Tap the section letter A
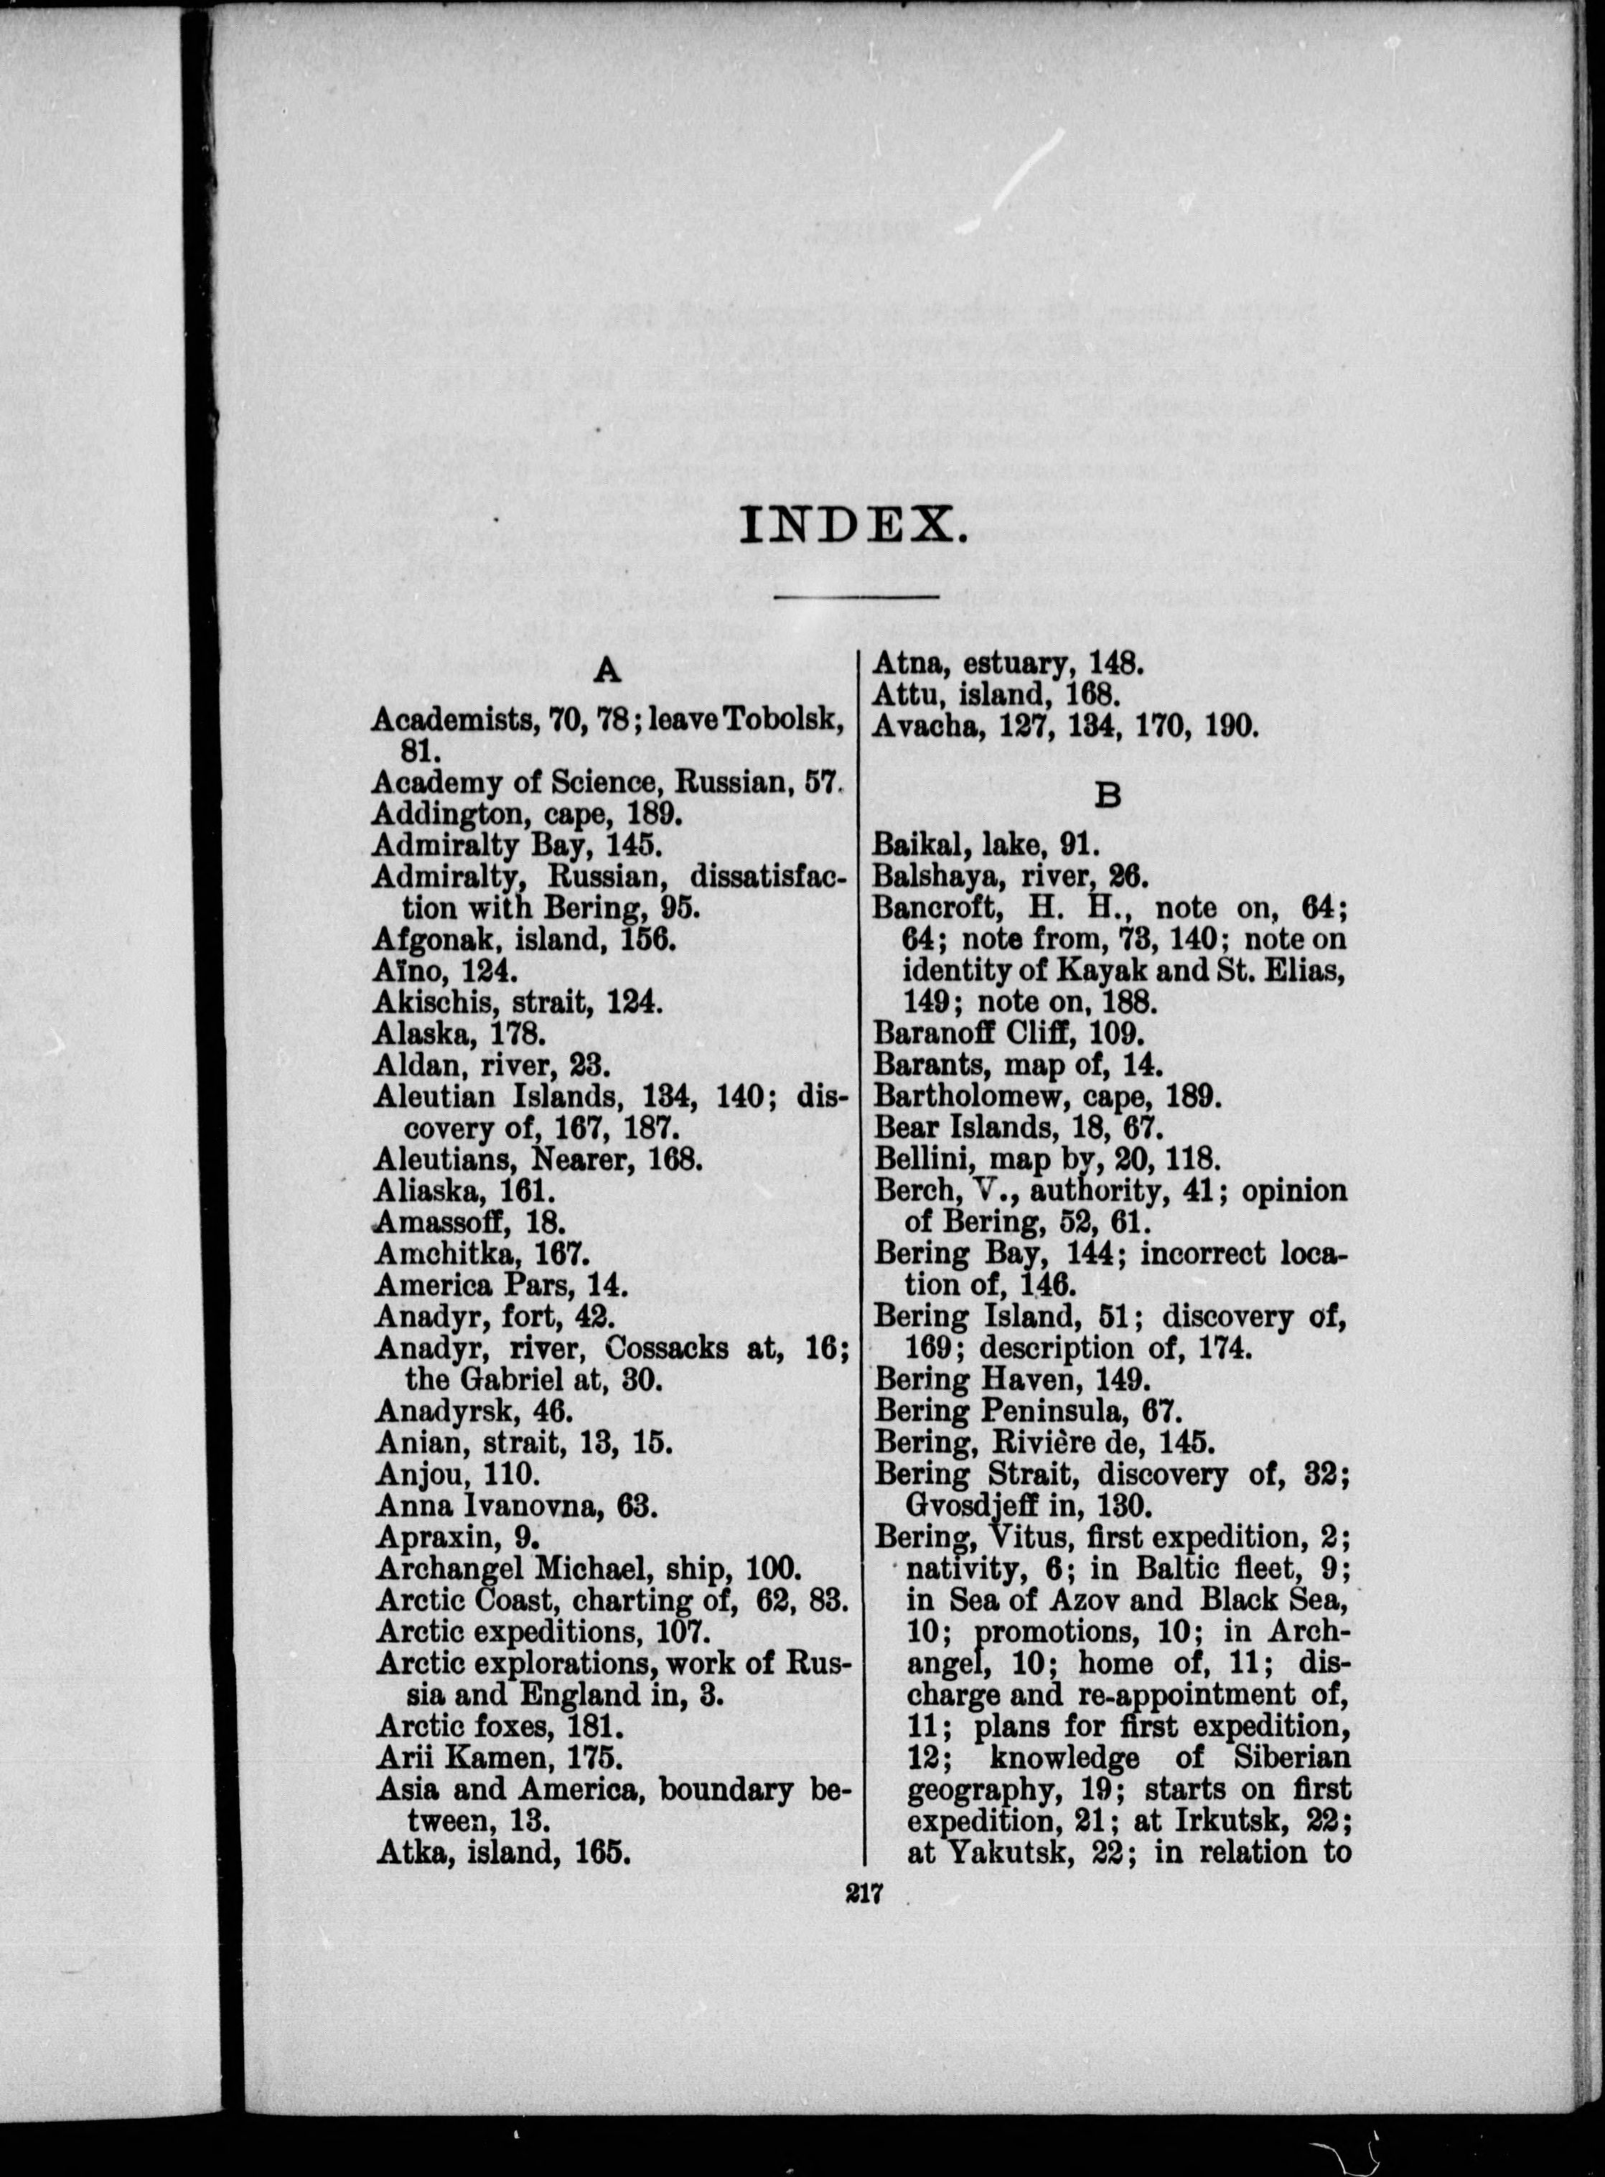[x=607, y=670]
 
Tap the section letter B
[x=1108, y=796]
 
